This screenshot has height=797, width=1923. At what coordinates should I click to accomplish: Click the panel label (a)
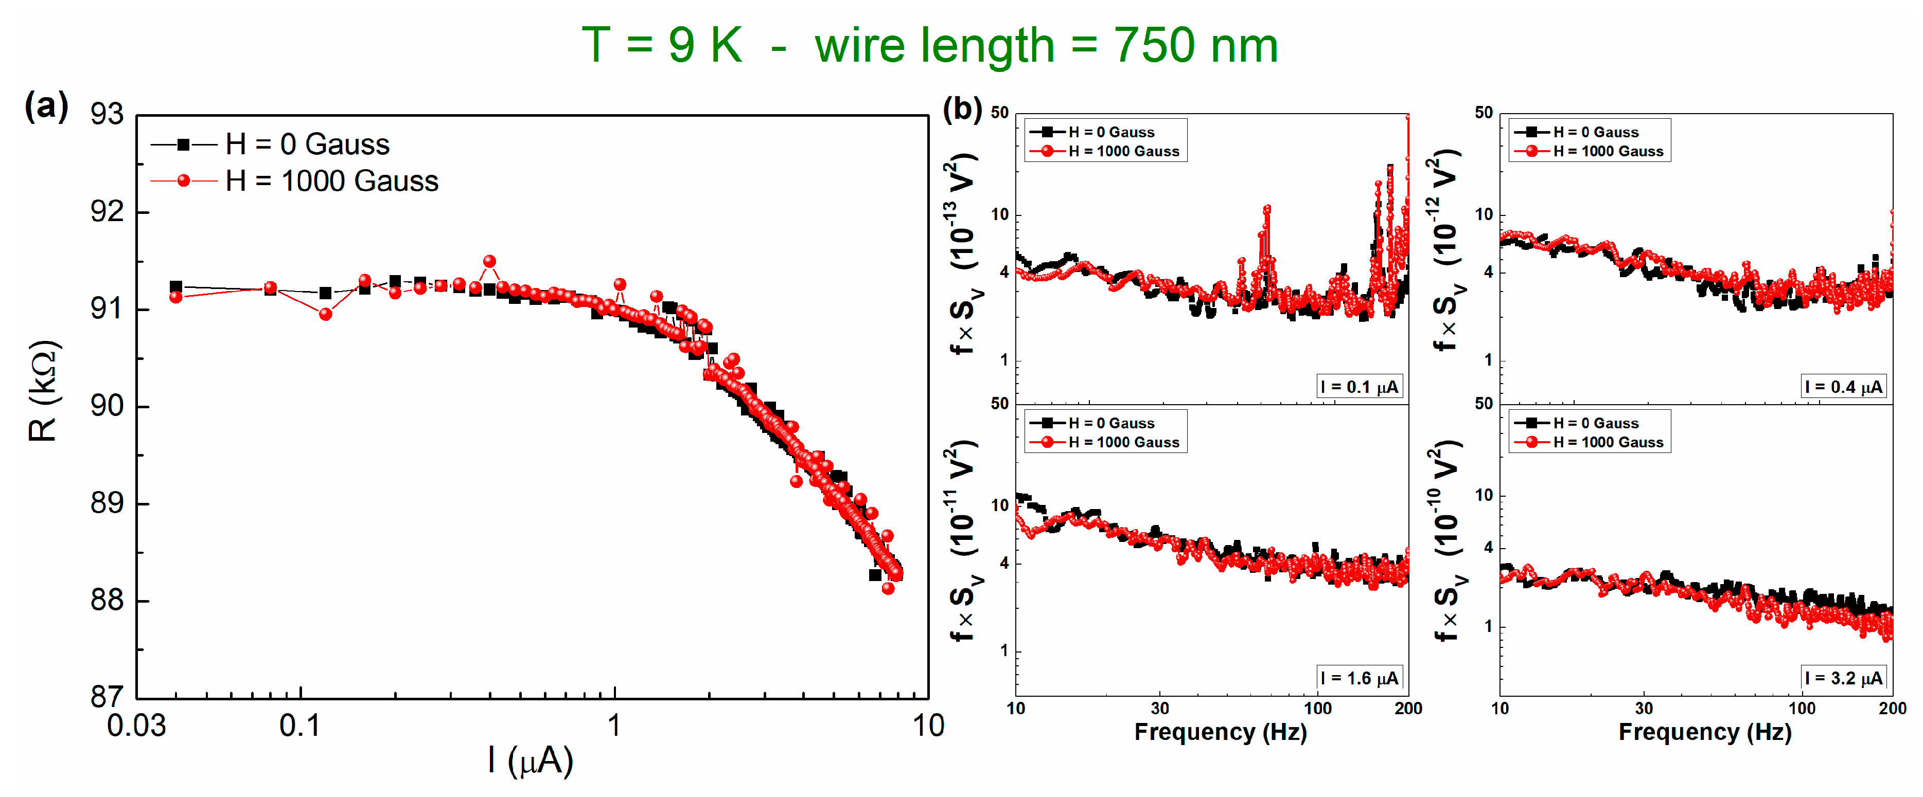pos(46,106)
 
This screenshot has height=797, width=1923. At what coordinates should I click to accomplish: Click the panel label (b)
pos(961,109)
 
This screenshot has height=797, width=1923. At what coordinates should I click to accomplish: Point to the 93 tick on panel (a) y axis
pos(107,114)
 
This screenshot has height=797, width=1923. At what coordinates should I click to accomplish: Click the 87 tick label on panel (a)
pos(107,697)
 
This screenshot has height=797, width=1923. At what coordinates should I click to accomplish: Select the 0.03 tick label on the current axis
pos(136,726)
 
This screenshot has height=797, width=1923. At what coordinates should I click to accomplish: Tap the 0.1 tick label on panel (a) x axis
pos(299,726)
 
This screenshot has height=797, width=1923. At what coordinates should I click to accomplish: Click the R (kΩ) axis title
pos(43,392)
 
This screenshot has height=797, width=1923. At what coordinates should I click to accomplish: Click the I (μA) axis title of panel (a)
pos(530,761)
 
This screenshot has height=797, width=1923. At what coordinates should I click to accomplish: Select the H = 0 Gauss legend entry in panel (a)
pos(307,144)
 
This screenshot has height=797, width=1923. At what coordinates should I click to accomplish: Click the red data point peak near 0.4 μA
pos(490,261)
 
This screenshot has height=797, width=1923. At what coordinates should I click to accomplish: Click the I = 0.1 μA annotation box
pos(1359,387)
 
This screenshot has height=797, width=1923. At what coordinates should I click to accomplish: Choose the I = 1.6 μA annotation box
pos(1359,678)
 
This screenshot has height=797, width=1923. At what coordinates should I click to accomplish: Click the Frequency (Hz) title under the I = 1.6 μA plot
pos(1221,732)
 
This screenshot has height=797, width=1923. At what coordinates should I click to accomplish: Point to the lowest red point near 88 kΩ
pos(888,588)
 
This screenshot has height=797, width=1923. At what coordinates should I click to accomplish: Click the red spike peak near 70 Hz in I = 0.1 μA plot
pos(1267,210)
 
